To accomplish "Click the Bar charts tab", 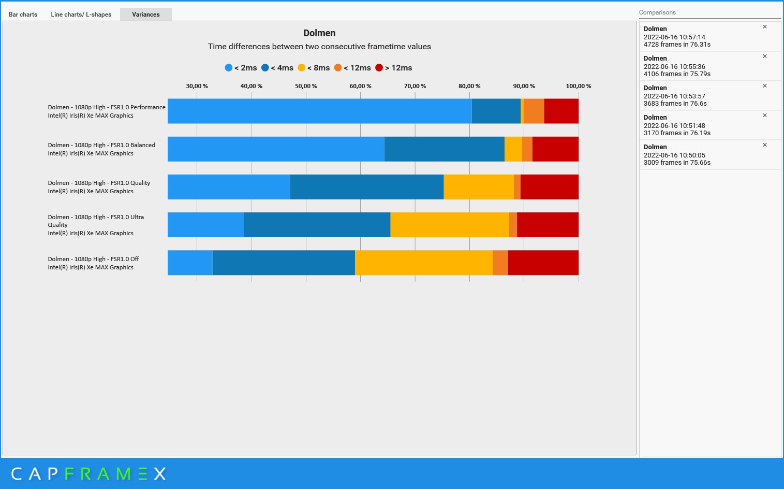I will click(23, 15).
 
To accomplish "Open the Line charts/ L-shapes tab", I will click(81, 15).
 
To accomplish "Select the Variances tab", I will click(145, 15).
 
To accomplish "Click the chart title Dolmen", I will click(319, 33).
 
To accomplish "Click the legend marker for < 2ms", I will click(229, 68).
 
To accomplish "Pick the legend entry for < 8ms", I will click(314, 68).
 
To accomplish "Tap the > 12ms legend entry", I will click(394, 68).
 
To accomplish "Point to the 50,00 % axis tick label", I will click(306, 86).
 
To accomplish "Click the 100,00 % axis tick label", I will click(578, 86).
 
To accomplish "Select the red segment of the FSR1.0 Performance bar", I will click(561, 111).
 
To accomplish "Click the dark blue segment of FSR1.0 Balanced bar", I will click(444, 149).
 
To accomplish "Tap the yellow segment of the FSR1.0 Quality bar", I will click(478, 187).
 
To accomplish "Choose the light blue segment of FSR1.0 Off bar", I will click(190, 263).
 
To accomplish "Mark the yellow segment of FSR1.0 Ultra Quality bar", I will click(449, 225).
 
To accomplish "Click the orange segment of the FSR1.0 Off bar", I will click(500, 263).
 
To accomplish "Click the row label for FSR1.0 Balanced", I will click(101, 149).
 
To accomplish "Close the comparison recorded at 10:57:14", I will click(764, 27).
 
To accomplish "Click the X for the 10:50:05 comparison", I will click(764, 145).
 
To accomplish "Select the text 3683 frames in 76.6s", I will click(675, 104).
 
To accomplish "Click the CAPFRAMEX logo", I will click(88, 473).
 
